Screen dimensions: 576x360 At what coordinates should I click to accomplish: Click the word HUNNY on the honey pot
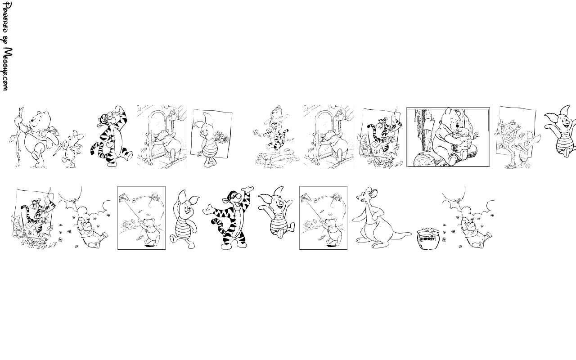point(428,239)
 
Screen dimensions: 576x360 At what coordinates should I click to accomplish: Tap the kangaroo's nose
point(358,198)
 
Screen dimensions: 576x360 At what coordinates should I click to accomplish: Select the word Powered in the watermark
point(6,17)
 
